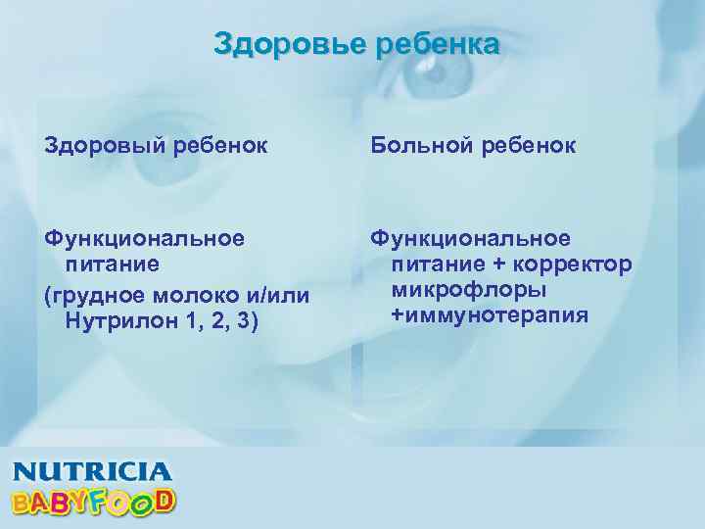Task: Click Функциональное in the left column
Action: pos(146,238)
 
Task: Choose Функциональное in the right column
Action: pos(470,238)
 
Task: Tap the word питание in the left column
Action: pos(112,264)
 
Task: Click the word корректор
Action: pos(577,264)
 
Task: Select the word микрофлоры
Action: pos(468,290)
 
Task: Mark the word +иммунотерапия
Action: pos(490,314)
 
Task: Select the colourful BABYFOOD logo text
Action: pos(93,501)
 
